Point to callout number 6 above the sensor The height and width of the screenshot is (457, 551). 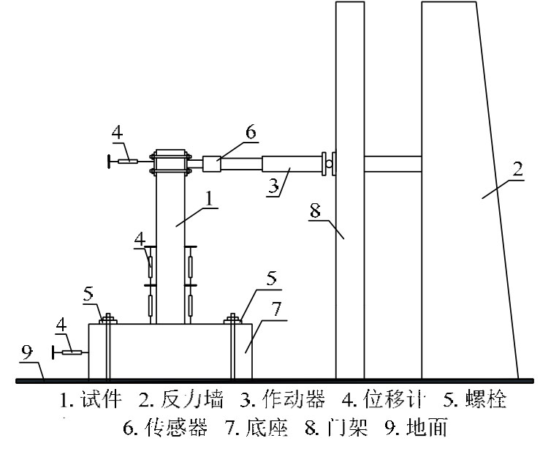pyautogui.click(x=250, y=131)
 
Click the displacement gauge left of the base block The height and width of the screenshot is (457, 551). pyautogui.click(x=72, y=352)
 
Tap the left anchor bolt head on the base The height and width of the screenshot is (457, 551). pyautogui.click(x=107, y=319)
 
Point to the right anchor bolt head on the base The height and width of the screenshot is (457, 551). pyautogui.click(x=232, y=319)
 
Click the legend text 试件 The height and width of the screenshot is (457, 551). pyautogui.click(x=99, y=400)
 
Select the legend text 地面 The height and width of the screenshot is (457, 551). pyautogui.click(x=425, y=426)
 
